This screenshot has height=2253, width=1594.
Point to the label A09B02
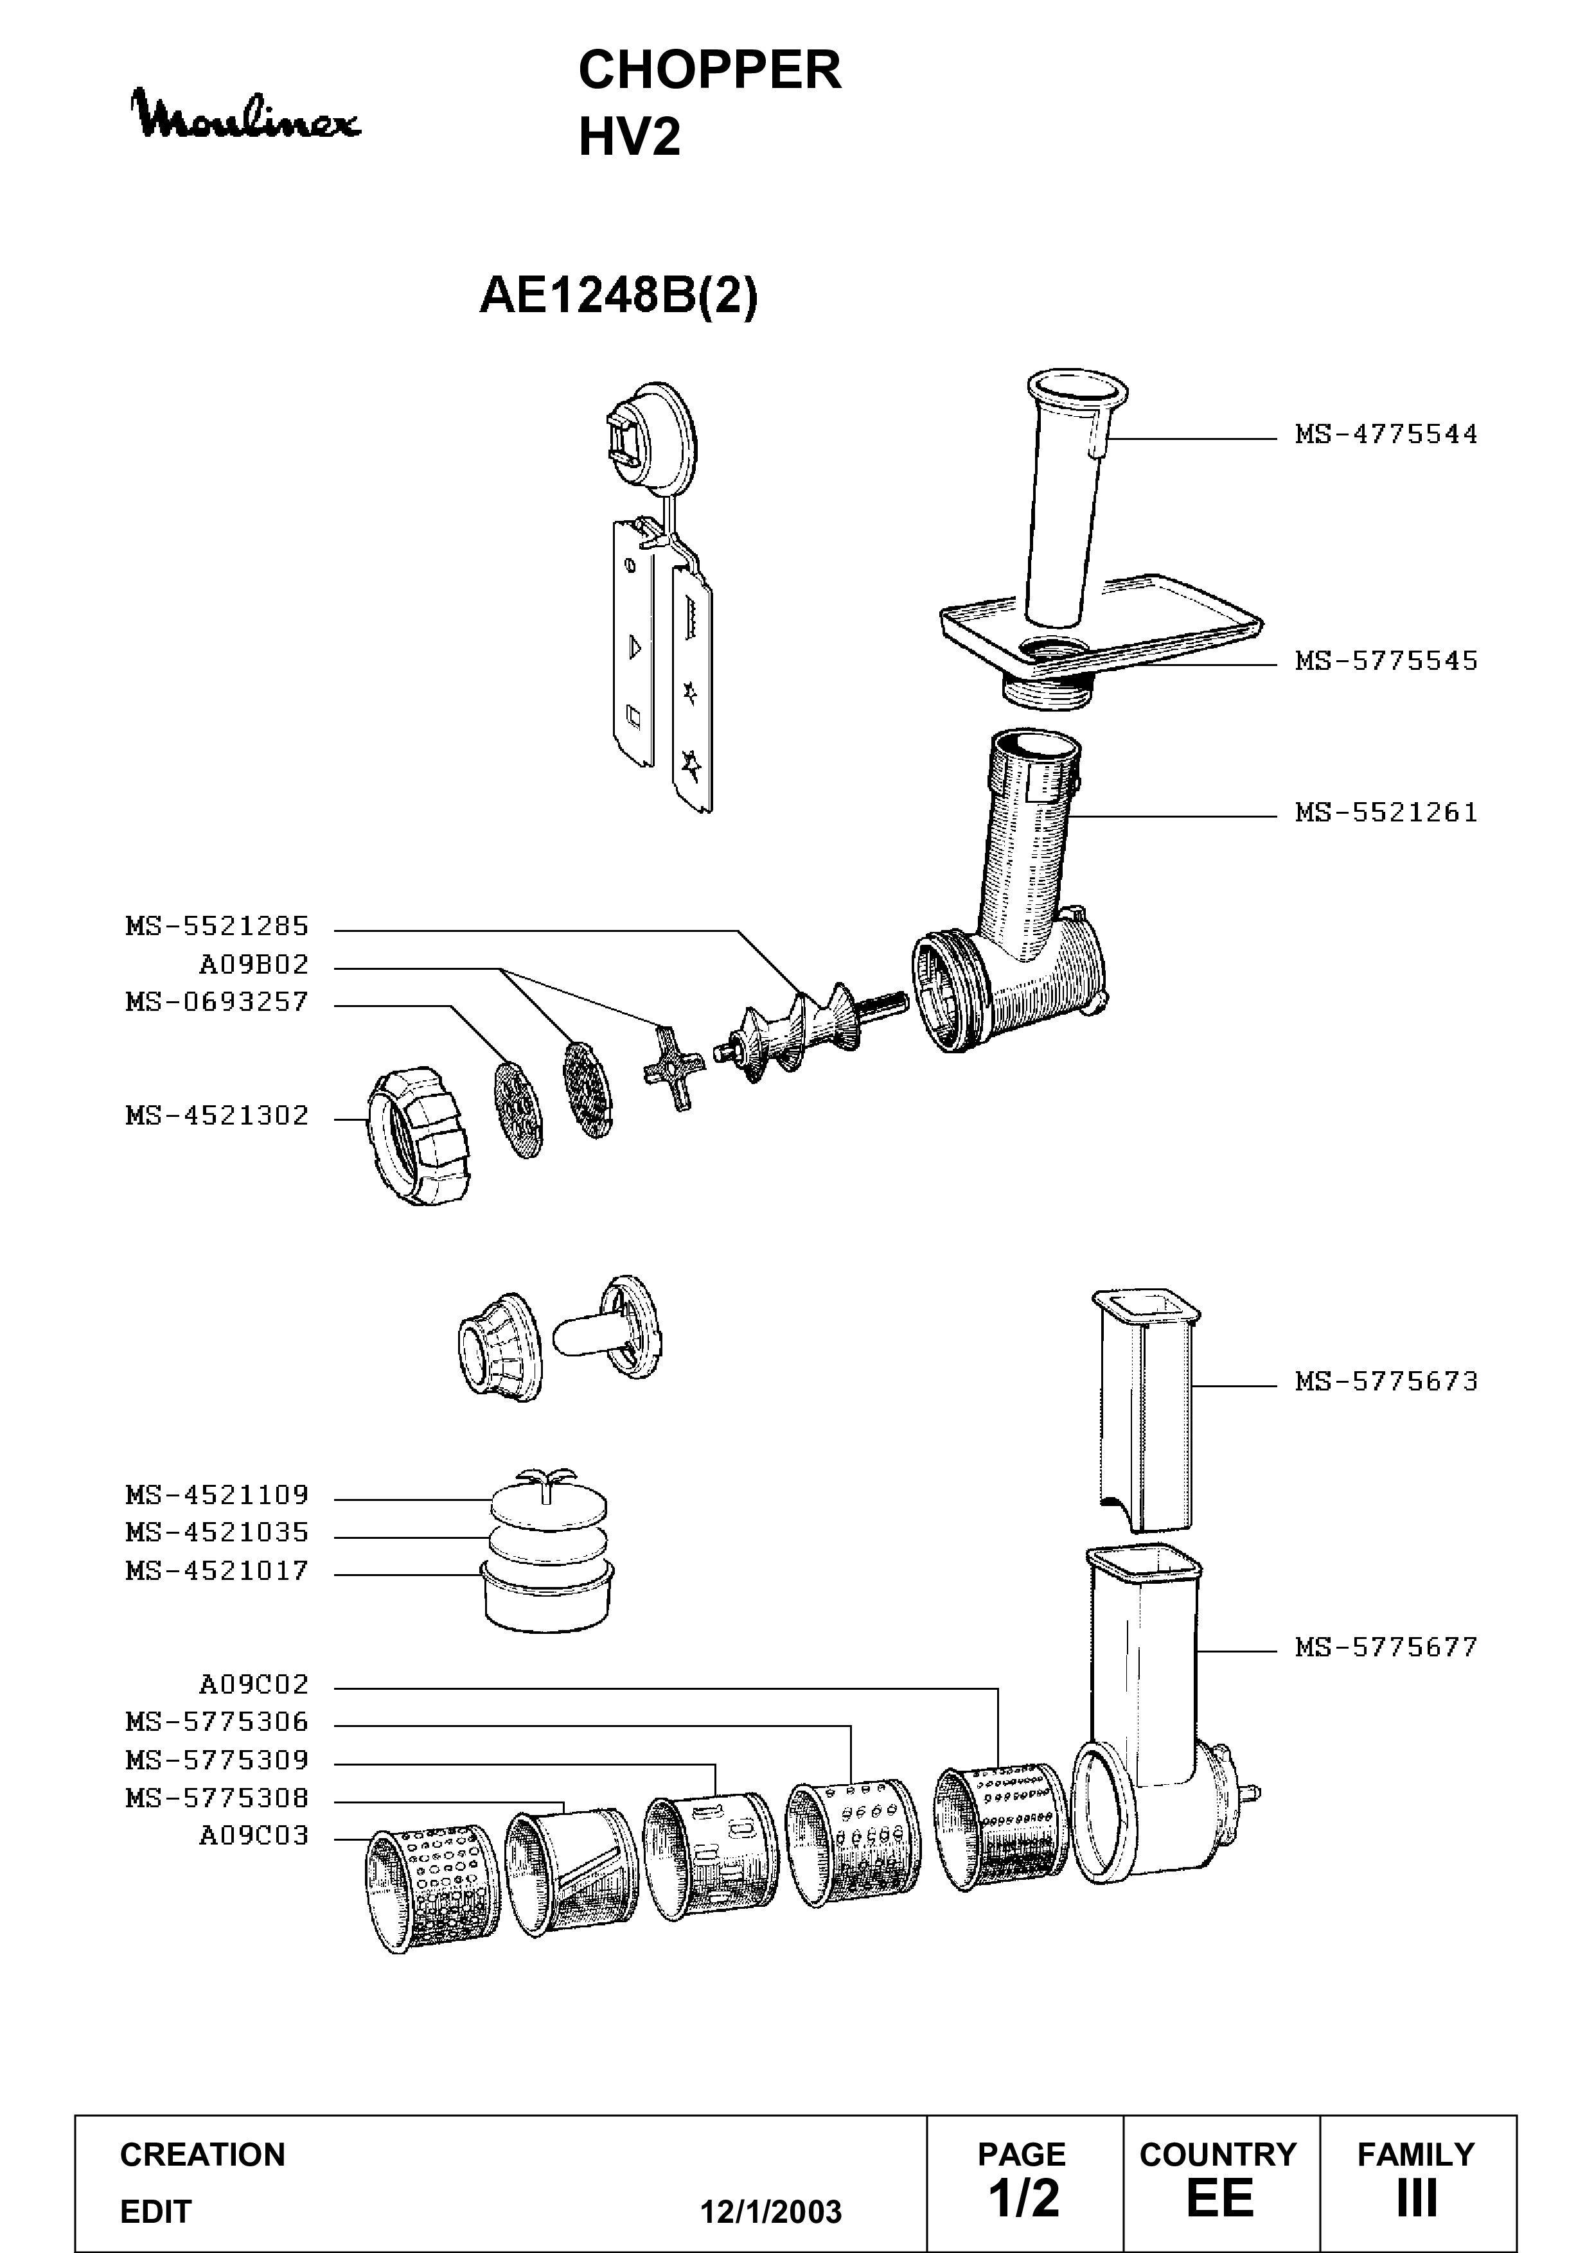tap(254, 965)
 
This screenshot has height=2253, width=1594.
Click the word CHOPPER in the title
tap(710, 71)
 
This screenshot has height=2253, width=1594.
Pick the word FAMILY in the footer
tap(1415, 2154)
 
